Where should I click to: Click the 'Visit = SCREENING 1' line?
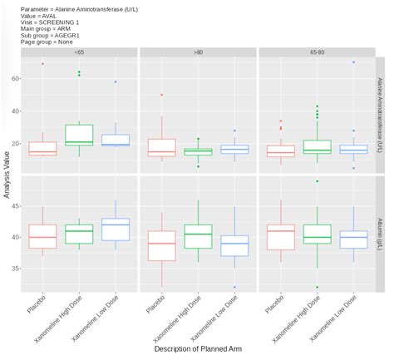pyautogui.click(x=49, y=22)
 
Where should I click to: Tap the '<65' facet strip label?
pyautogui.click(x=79, y=52)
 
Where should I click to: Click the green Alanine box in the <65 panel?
pyautogui.click(x=79, y=135)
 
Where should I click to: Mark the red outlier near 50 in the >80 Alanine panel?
pyautogui.click(x=161, y=95)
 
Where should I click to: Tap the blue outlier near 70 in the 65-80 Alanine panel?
pyautogui.click(x=353, y=62)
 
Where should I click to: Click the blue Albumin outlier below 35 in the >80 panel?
pyautogui.click(x=234, y=287)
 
